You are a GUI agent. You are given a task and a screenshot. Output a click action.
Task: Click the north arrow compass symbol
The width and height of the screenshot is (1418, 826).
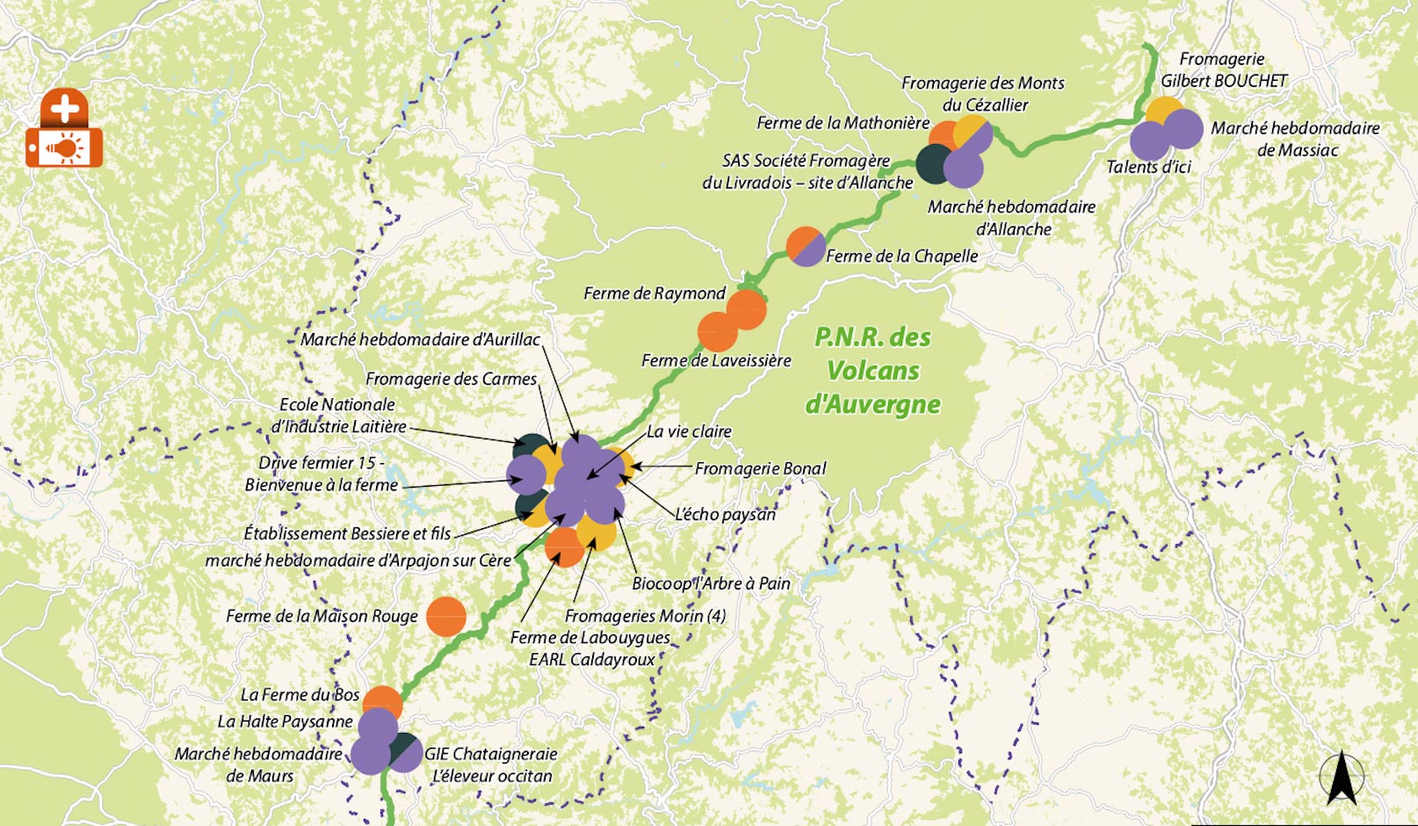tap(1341, 777)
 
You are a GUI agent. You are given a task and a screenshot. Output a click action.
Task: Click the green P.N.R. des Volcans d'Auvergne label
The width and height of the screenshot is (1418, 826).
tap(872, 370)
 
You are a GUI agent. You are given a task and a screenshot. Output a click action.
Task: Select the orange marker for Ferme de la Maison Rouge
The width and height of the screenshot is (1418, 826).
tap(445, 616)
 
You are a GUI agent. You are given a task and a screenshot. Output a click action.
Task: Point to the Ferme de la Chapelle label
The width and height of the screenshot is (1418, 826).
tap(901, 256)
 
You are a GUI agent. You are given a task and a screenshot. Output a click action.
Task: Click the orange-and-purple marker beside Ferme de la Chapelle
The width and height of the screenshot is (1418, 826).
tap(806, 246)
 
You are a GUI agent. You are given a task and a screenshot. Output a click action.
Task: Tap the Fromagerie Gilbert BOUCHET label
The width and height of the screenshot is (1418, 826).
tap(1223, 70)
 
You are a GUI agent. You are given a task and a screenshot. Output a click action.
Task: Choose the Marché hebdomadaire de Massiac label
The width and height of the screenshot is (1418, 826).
tap(1295, 139)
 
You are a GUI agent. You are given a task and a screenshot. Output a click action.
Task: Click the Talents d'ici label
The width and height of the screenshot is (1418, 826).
tap(1148, 167)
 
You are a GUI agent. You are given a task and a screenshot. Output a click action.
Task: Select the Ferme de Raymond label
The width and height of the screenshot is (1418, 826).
tap(655, 293)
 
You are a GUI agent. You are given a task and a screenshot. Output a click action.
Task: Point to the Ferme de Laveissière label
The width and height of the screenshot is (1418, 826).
tap(716, 360)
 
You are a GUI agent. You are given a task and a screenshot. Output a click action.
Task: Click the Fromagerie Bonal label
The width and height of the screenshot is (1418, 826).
tap(760, 468)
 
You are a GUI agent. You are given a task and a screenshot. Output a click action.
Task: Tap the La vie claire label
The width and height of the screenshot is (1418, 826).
tap(689, 431)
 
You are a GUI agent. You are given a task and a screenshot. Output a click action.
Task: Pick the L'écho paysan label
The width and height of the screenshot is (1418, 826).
tap(725, 514)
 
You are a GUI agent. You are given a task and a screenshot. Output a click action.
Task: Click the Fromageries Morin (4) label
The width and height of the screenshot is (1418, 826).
tap(645, 616)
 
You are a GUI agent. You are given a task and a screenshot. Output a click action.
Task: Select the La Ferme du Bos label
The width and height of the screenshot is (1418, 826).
tap(300, 695)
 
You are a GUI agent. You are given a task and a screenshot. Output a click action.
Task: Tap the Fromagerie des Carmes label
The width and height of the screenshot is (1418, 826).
tap(451, 379)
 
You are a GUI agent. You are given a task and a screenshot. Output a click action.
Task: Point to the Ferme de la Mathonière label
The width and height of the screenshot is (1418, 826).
tap(843, 123)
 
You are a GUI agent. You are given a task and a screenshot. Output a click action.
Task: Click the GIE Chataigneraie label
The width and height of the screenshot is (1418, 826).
tap(491, 754)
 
